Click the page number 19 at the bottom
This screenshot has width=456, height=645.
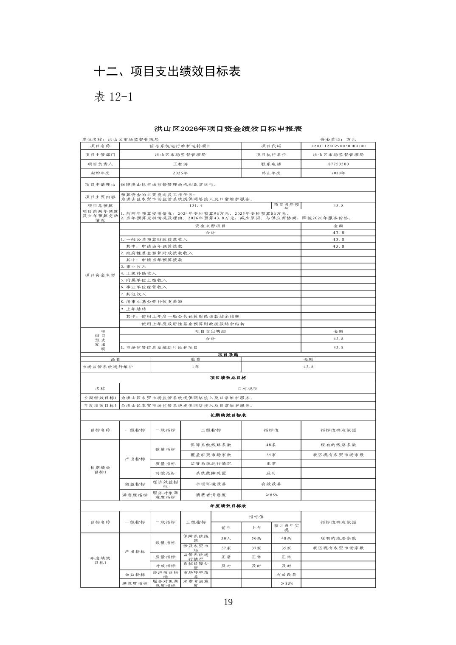228,602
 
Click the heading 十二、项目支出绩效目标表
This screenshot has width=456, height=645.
167,71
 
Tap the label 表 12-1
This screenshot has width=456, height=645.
113,97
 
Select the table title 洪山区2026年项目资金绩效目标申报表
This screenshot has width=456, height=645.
228,129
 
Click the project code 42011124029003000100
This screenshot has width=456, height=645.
338,146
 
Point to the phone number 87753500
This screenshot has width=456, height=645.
338,164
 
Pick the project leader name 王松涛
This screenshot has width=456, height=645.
180,164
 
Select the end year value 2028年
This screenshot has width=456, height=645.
338,173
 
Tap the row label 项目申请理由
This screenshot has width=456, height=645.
100,185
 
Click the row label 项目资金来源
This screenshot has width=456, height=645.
100,275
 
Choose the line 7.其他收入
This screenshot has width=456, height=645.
133,294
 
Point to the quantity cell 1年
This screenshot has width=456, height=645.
195,367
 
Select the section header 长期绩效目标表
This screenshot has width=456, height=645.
228,415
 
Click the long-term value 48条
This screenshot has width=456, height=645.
271,445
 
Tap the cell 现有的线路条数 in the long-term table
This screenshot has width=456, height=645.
338,445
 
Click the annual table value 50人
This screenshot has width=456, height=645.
226,538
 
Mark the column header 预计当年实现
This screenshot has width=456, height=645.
286,527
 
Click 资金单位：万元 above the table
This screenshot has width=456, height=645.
338,139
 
